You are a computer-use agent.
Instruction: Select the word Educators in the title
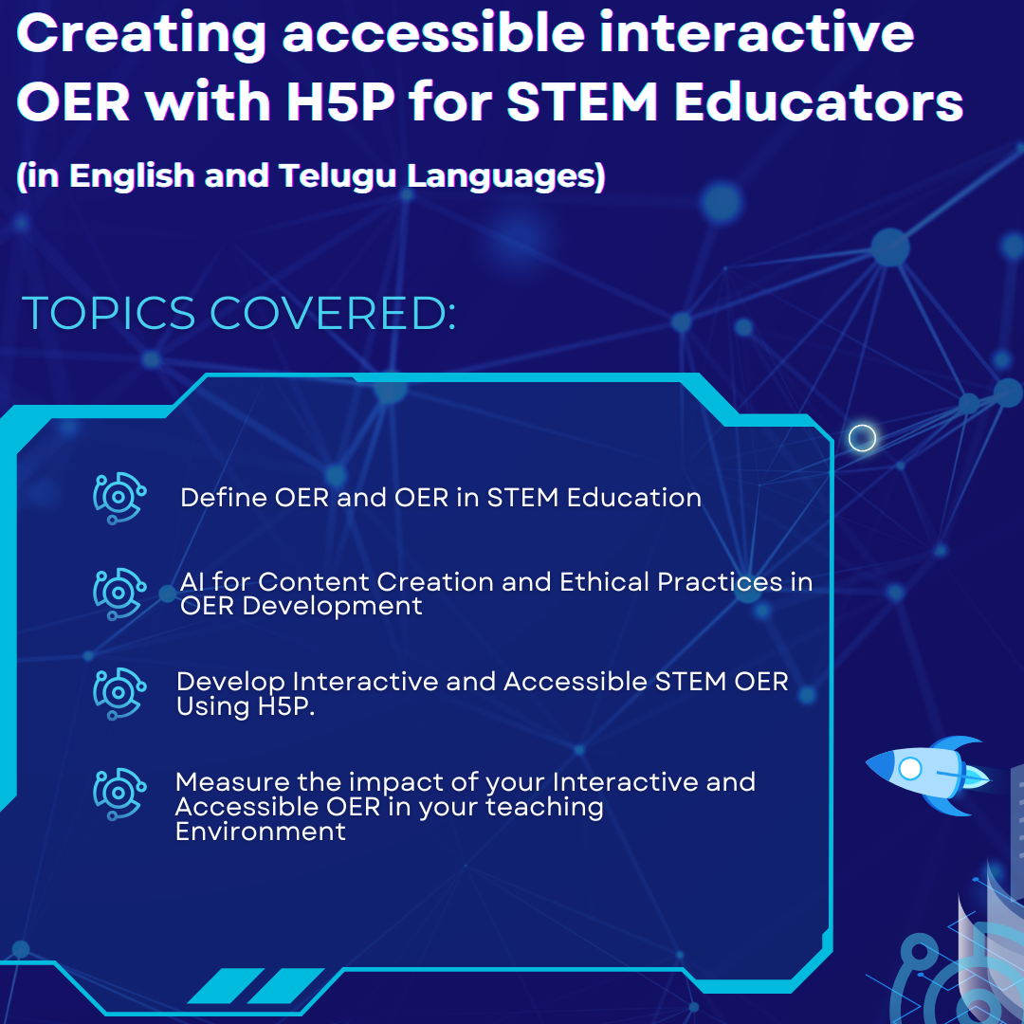[x=818, y=101]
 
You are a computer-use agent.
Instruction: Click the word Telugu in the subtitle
[x=337, y=176]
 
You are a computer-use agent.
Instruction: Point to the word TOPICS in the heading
[x=109, y=314]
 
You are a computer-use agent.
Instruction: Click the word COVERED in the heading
[x=333, y=314]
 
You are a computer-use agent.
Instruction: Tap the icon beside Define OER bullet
[x=119, y=499]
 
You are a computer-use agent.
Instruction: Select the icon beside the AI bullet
[x=119, y=594]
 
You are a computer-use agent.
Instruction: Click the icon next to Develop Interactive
[x=119, y=693]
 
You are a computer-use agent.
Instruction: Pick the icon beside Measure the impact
[x=119, y=795]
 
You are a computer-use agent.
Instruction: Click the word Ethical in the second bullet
[x=604, y=581]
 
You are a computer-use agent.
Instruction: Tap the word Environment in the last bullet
[x=260, y=832]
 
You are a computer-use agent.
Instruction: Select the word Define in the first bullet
[x=224, y=498]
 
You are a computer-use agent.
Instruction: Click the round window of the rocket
[x=909, y=769]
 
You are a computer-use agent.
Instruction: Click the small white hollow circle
[x=862, y=437]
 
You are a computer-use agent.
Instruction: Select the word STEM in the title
[x=582, y=101]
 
